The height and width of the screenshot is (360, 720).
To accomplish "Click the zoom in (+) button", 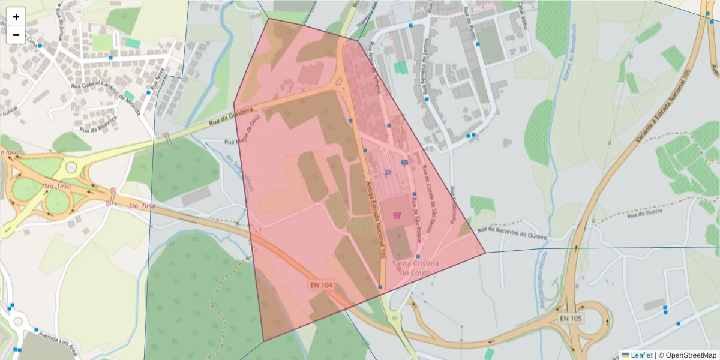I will click(x=16, y=17).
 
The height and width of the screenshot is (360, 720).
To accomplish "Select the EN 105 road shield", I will click(x=569, y=318).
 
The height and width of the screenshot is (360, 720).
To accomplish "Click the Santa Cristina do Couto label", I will click(x=415, y=268).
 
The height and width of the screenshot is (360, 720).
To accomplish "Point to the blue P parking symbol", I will click(x=388, y=174).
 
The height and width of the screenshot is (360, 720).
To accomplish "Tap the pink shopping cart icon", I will click(x=397, y=215).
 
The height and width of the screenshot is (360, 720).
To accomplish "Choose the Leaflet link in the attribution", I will click(x=641, y=355).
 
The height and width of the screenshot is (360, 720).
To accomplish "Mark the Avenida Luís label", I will click(x=58, y=341).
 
